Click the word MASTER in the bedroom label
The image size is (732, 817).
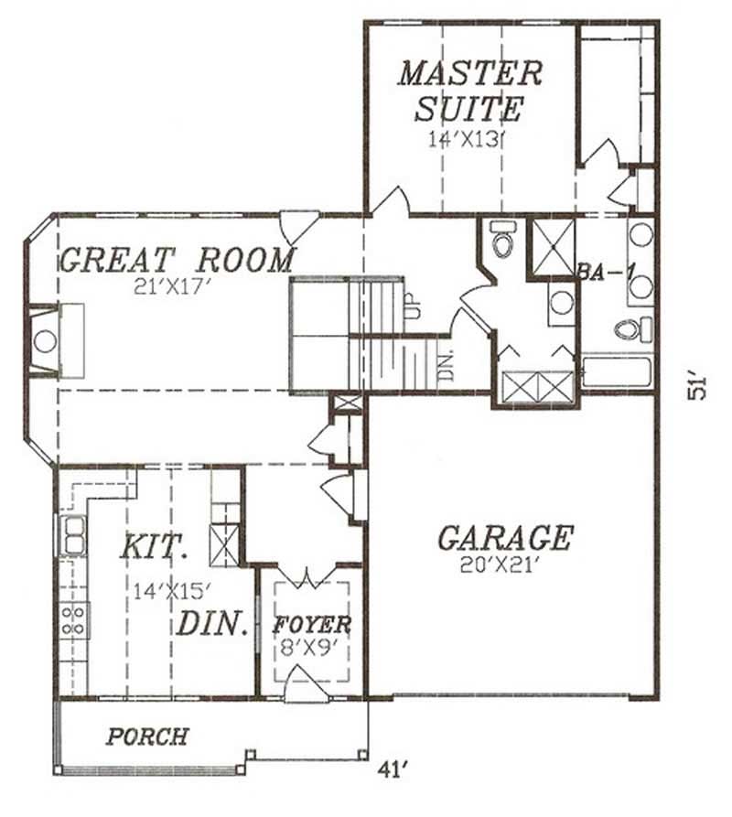point(469,72)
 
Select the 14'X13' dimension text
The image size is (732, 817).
point(466,140)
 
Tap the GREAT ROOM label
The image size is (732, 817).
point(177,260)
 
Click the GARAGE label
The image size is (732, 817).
point(505,538)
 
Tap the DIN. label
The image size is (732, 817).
point(212,625)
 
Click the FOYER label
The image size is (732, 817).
point(312,626)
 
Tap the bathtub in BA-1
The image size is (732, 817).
point(617,373)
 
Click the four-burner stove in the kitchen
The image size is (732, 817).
point(73,619)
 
